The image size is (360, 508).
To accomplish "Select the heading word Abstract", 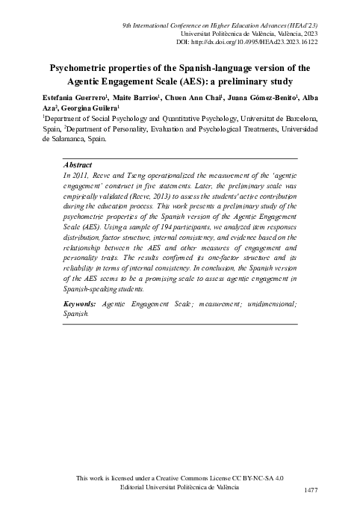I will pos(78,164).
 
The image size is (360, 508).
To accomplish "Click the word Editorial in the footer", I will pos(137,486).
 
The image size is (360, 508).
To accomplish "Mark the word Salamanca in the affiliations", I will pos(72,138).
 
